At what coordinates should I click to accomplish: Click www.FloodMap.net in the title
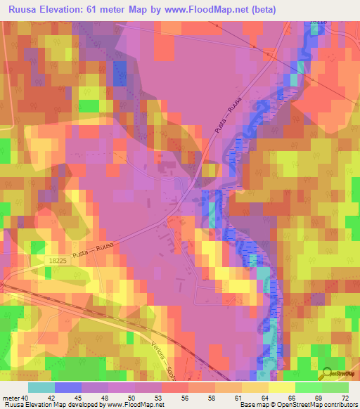coord(209,10)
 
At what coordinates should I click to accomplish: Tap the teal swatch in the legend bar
coord(41,387)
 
